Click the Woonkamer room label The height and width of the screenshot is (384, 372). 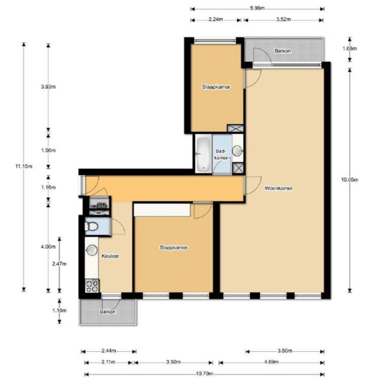coord(278,188)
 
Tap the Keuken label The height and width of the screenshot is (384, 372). coord(110,256)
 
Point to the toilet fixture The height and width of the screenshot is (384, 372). coord(91,227)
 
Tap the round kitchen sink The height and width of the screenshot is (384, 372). coord(92,250)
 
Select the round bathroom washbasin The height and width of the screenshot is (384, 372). coord(237,150)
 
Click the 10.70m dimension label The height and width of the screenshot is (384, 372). coord(205,374)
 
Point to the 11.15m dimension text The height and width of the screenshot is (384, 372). coord(24,166)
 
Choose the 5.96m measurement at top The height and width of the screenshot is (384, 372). coord(257,8)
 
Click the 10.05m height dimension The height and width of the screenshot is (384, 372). coord(350,179)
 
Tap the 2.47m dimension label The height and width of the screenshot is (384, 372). coord(59,264)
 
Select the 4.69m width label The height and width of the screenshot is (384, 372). coord(271,362)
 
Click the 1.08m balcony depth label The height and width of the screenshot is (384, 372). coord(350,49)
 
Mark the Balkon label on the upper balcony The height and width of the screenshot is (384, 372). coord(283,51)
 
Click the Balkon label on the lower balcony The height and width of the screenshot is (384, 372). coord(108,312)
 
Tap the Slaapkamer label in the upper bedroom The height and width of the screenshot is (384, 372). coord(216,87)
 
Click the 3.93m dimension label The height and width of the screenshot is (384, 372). coord(48,87)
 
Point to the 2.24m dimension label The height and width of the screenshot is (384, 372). coord(216,19)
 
